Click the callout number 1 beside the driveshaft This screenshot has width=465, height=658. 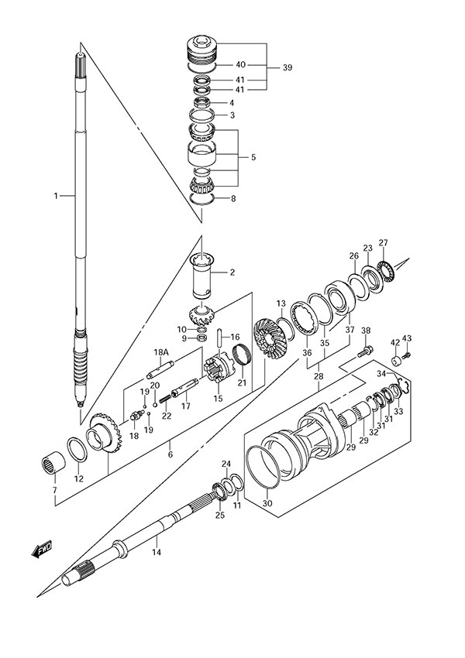[x=56, y=197]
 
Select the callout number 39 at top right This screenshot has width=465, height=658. [x=288, y=68]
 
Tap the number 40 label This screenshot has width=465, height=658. [x=241, y=65]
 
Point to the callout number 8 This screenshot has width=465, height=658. [x=232, y=199]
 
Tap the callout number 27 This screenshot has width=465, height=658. [x=383, y=242]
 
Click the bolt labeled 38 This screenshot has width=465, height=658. [x=363, y=353]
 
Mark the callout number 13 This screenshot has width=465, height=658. [x=281, y=303]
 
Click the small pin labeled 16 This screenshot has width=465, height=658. [x=221, y=338]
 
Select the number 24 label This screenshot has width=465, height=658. [x=226, y=464]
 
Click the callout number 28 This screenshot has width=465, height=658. [x=319, y=377]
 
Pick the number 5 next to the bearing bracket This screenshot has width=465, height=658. [x=253, y=157]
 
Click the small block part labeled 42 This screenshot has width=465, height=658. [x=395, y=358]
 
